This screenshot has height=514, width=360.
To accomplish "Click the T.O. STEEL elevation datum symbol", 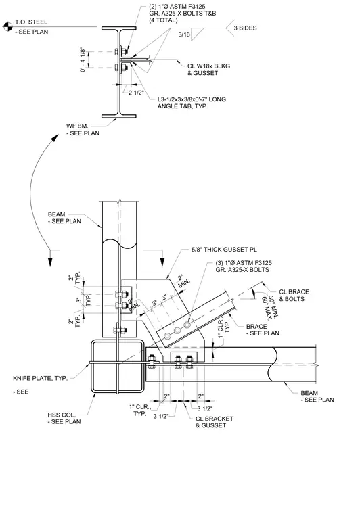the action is point(7,26).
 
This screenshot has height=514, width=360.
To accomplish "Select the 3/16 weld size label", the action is point(184,34).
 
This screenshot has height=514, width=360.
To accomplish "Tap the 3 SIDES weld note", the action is point(245,28).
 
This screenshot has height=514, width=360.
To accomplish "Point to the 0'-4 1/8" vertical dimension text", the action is point(83,60).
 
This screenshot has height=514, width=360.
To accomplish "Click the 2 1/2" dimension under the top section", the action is point(136,93).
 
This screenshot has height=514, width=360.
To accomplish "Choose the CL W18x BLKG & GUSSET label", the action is point(209,70).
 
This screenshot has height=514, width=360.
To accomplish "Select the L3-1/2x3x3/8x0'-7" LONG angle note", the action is point(192,103).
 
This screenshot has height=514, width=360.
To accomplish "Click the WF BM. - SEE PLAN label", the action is point(83,129).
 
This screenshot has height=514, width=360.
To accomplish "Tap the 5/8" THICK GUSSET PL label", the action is point(224,250).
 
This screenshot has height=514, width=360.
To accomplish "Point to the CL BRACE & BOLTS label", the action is point(294,296).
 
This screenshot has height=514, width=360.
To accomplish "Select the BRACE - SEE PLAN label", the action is point(263,330).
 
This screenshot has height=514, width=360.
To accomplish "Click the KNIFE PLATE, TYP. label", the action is point(41,378).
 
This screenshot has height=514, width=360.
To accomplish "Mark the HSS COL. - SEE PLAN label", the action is point(64,418).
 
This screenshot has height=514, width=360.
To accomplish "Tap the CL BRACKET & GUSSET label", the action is point(214,422).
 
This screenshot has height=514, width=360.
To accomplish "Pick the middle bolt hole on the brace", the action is point(177,331).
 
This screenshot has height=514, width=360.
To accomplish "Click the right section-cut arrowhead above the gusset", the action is point(162,262).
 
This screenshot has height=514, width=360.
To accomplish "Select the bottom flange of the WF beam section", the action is point(118,116).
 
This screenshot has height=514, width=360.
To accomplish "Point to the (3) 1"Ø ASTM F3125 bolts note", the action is point(244,266).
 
